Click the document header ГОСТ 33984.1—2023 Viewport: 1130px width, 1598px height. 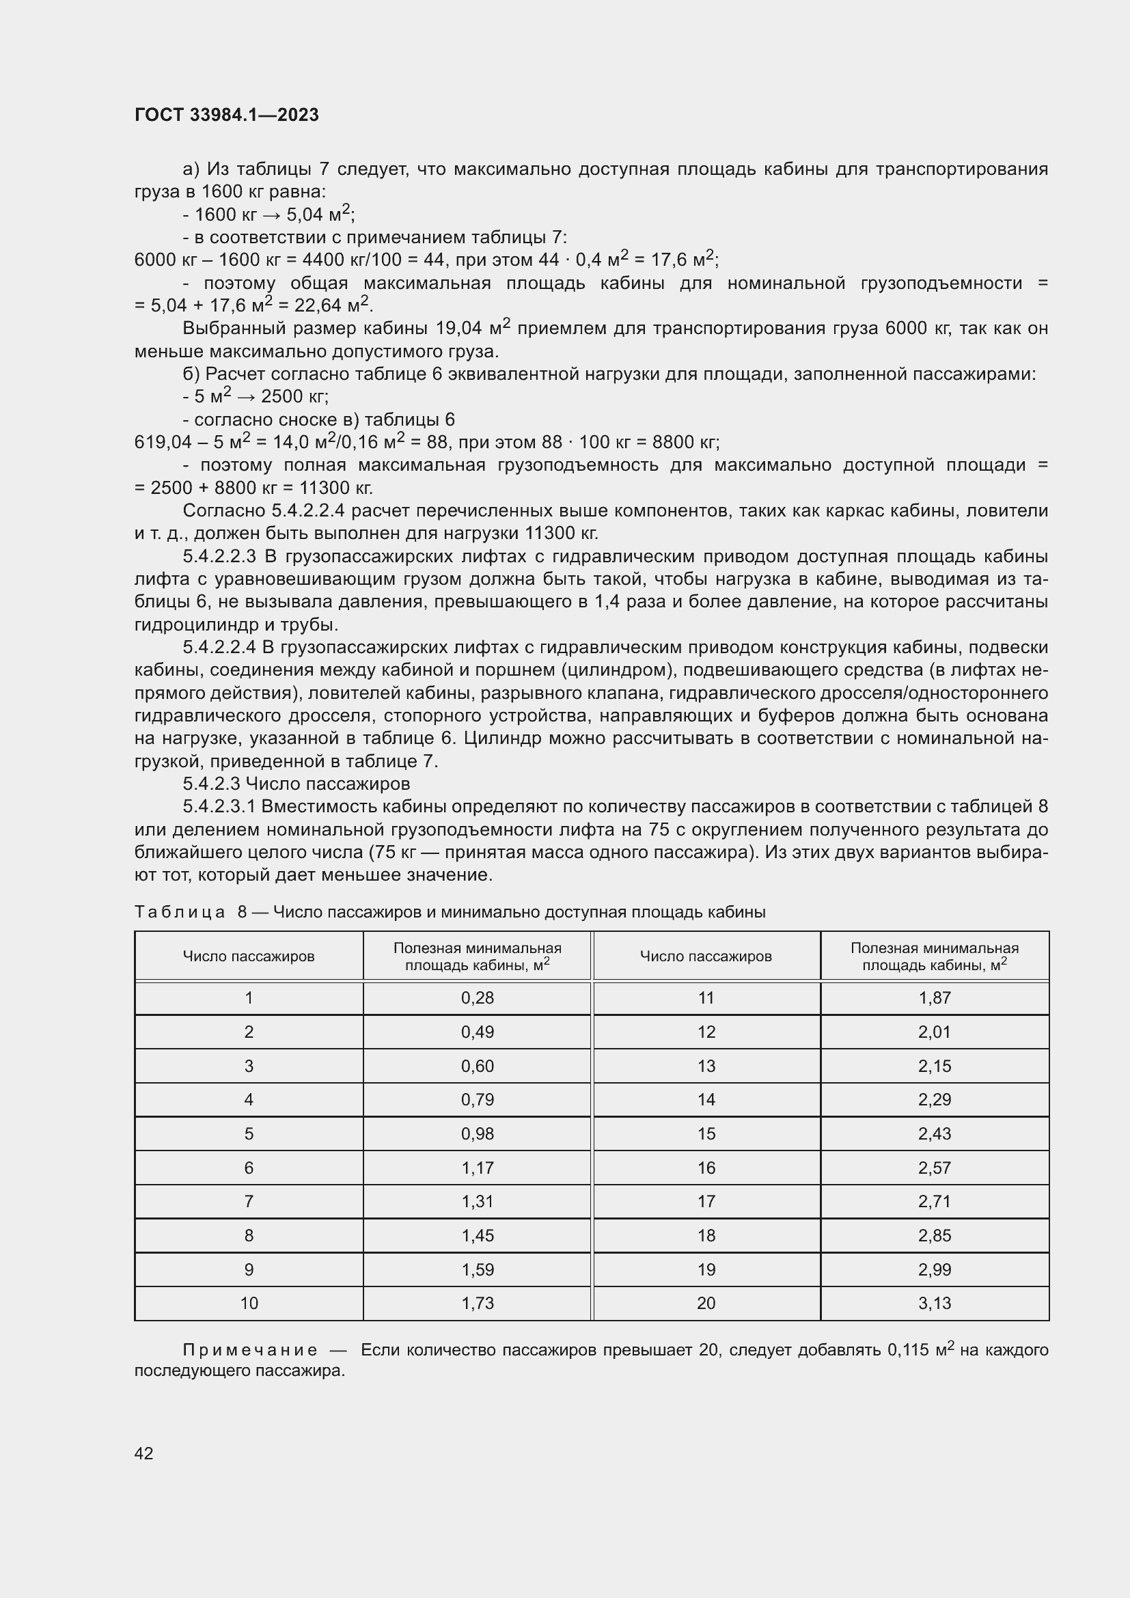[x=226, y=115]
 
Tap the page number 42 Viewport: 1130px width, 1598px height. [x=143, y=1452]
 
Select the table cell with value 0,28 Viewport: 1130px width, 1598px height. [x=477, y=997]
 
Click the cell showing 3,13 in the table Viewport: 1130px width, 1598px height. [x=934, y=1303]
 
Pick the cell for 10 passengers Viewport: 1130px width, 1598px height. [x=249, y=1303]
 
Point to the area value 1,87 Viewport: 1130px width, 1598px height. [x=934, y=997]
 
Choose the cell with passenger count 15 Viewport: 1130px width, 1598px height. [x=706, y=1134]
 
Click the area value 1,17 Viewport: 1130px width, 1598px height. [x=477, y=1168]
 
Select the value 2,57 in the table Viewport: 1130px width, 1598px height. [x=934, y=1168]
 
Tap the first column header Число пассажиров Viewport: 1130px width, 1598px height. [x=249, y=956]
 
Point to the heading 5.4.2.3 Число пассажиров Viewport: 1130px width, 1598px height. [x=297, y=784]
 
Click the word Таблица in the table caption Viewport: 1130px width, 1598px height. [x=179, y=912]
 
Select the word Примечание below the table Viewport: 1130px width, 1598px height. [x=250, y=1350]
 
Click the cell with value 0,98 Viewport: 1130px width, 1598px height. [x=477, y=1134]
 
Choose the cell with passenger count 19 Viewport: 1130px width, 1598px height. [x=706, y=1269]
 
